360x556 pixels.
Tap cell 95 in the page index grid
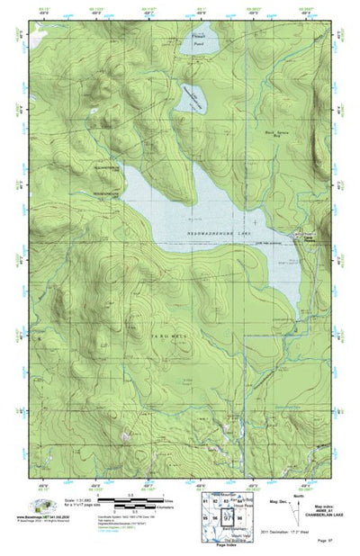tap(205, 519)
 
